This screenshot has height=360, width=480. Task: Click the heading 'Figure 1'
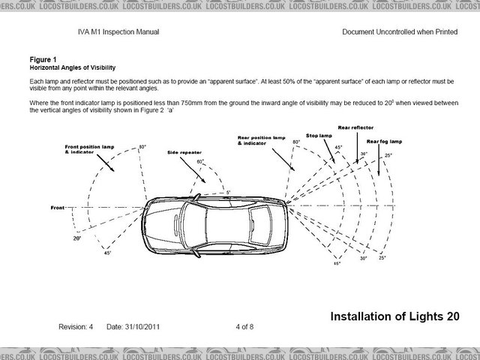[44, 57]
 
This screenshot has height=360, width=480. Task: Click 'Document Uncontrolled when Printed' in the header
[399, 32]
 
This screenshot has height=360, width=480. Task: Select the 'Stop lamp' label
[319, 136]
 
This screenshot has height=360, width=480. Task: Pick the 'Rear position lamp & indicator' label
[262, 140]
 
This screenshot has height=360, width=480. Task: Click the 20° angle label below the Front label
[76, 238]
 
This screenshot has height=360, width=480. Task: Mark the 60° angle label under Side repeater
[200, 161]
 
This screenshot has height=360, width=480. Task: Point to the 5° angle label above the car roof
[228, 192]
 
